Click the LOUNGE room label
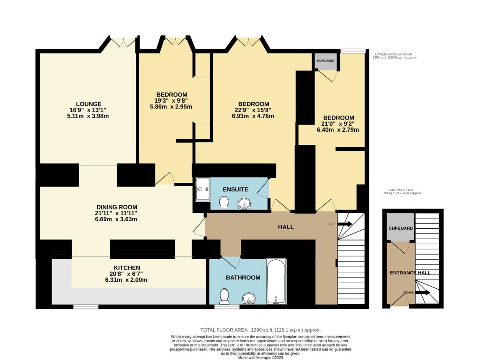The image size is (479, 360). pos(89,104)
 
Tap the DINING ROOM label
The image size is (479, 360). pos(117,207)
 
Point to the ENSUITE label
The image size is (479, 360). pos(235,190)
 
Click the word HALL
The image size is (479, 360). pos(285,227)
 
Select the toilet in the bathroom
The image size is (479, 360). pos(224,295)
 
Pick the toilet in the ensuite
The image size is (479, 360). pos(225,202)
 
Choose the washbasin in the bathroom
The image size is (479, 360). pos(249,297)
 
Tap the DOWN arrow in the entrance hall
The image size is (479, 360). pos(421,293)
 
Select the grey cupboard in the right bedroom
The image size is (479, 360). pos(325,61)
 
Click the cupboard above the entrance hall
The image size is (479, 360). pos(400,228)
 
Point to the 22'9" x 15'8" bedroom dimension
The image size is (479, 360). pos(254,110)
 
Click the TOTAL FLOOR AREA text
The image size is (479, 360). pos(260,330)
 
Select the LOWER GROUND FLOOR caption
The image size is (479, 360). pos(394,54)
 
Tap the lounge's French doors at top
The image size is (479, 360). pos(123,43)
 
